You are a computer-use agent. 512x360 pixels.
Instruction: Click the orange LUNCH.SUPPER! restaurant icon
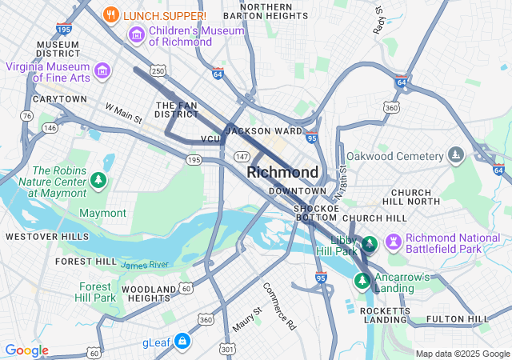[112, 14]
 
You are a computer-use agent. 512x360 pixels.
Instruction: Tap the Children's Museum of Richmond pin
[136, 35]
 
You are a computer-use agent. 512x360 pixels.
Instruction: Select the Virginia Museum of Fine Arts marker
[102, 72]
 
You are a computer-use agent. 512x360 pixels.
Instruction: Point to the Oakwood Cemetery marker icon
[456, 154]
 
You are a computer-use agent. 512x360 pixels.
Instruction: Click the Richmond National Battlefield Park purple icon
[393, 242]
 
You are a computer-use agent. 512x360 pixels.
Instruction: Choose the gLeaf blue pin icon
[183, 342]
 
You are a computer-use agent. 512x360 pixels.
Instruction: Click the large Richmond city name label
[282, 172]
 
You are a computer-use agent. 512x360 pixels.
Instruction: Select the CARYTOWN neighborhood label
[59, 99]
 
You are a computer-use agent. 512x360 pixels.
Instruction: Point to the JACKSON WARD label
[264, 130]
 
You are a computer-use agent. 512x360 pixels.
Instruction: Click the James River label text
[145, 265]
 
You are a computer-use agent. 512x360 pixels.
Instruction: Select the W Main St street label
[123, 113]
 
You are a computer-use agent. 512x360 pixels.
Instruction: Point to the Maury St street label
[246, 320]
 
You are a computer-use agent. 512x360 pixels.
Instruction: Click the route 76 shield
[27, 116]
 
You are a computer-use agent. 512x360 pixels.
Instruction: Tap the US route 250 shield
[158, 72]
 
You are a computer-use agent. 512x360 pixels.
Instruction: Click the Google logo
[26, 350]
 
